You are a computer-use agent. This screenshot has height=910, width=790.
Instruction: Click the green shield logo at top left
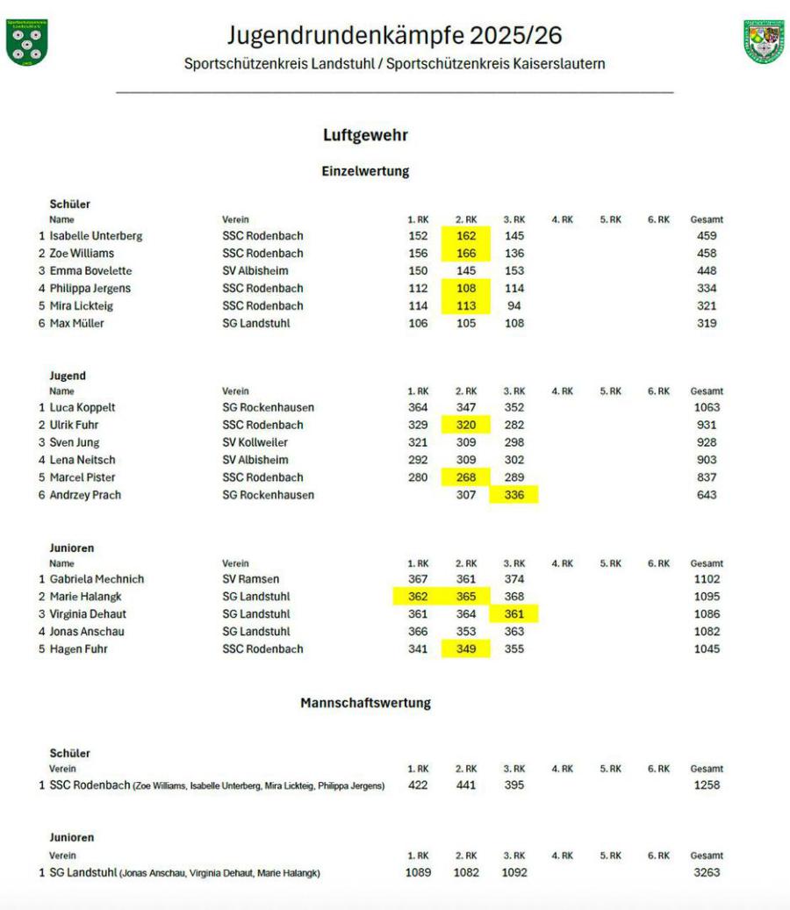coord(26,42)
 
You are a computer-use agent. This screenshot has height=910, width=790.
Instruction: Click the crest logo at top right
coord(764,42)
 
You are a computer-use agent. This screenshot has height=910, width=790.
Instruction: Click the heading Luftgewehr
coord(365,135)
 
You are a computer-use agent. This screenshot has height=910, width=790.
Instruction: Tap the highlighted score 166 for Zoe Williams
coord(466,254)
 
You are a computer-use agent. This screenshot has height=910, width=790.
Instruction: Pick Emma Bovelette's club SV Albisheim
coord(255,271)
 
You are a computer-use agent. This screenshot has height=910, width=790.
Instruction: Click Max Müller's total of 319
coord(706,324)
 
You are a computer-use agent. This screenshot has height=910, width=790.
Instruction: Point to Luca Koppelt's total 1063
coord(706,408)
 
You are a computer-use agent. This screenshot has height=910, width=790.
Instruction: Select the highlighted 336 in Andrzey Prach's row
coord(514,496)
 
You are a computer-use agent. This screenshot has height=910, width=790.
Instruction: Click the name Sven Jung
coord(75,443)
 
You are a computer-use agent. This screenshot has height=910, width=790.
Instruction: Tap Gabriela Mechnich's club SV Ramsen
coord(252,580)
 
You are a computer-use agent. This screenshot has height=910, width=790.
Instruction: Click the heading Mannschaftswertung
coord(365,704)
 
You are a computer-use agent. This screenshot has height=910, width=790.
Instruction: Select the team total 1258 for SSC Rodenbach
coord(706,785)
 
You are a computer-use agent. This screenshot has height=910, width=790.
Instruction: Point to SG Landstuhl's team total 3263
coord(706,873)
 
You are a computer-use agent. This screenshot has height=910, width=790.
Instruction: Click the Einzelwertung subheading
coord(365,172)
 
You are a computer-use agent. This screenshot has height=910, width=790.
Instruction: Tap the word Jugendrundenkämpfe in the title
coord(344,35)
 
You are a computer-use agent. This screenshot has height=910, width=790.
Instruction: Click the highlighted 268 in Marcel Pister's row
coord(466,478)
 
